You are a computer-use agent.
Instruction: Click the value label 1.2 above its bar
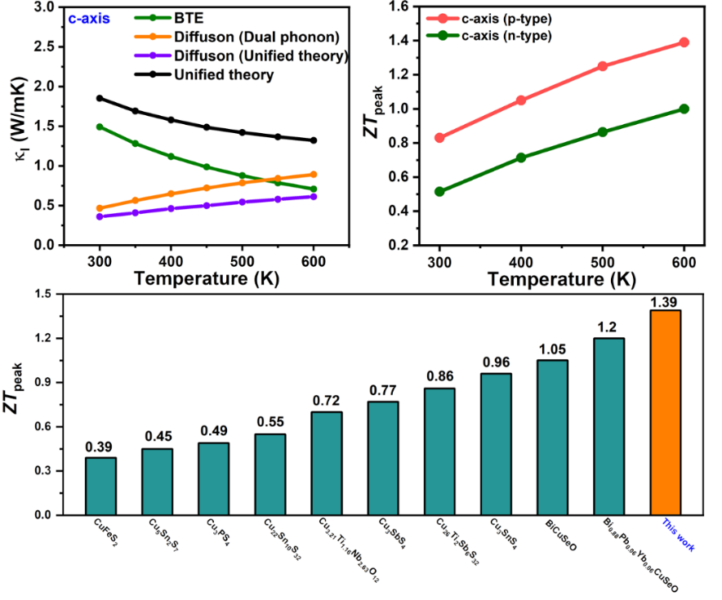tap(609, 328)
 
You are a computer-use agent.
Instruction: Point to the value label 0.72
tap(327, 402)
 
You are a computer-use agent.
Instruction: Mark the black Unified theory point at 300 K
tap(100, 98)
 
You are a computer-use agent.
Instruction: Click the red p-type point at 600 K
tap(684, 42)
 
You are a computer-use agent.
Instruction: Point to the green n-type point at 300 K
tap(439, 191)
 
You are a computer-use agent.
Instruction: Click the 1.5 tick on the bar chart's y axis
tap(64, 294)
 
